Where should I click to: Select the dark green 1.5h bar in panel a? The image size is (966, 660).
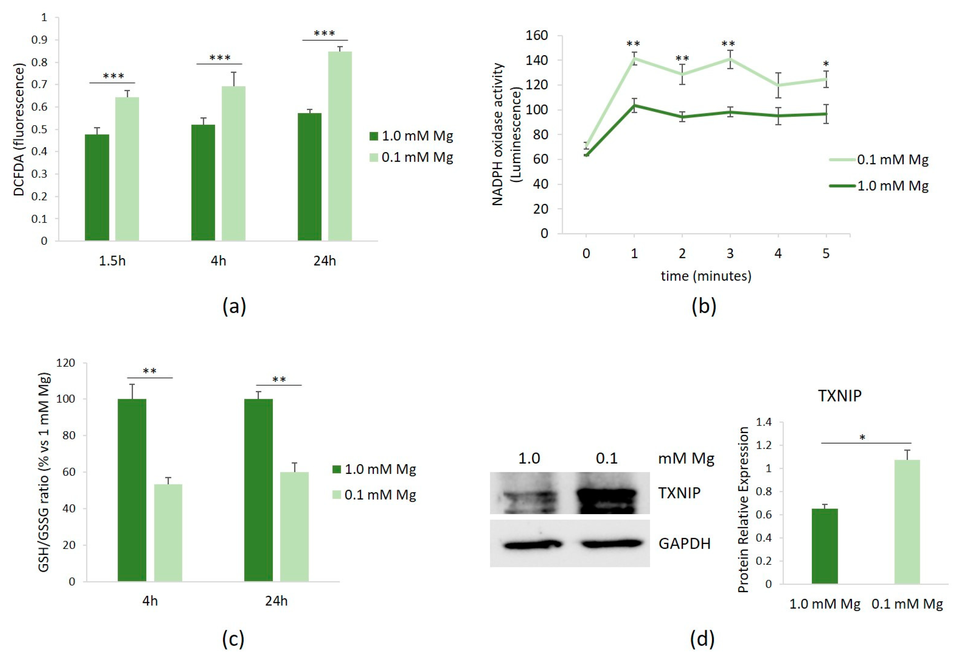click(97, 187)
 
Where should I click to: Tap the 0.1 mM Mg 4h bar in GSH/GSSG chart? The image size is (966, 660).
click(168, 532)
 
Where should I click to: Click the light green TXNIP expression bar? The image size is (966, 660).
click(907, 522)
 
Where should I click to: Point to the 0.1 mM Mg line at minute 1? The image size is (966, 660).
click(634, 58)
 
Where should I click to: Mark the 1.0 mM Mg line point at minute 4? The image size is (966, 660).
click(778, 116)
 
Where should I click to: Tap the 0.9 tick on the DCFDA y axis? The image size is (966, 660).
click(40, 40)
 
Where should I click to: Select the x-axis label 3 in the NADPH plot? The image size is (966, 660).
click(730, 253)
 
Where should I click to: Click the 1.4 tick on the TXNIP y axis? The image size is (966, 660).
click(763, 422)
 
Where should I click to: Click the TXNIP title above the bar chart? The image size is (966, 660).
click(839, 395)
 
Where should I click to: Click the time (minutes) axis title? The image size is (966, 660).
click(706, 276)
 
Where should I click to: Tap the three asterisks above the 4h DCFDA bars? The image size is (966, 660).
click(219, 58)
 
